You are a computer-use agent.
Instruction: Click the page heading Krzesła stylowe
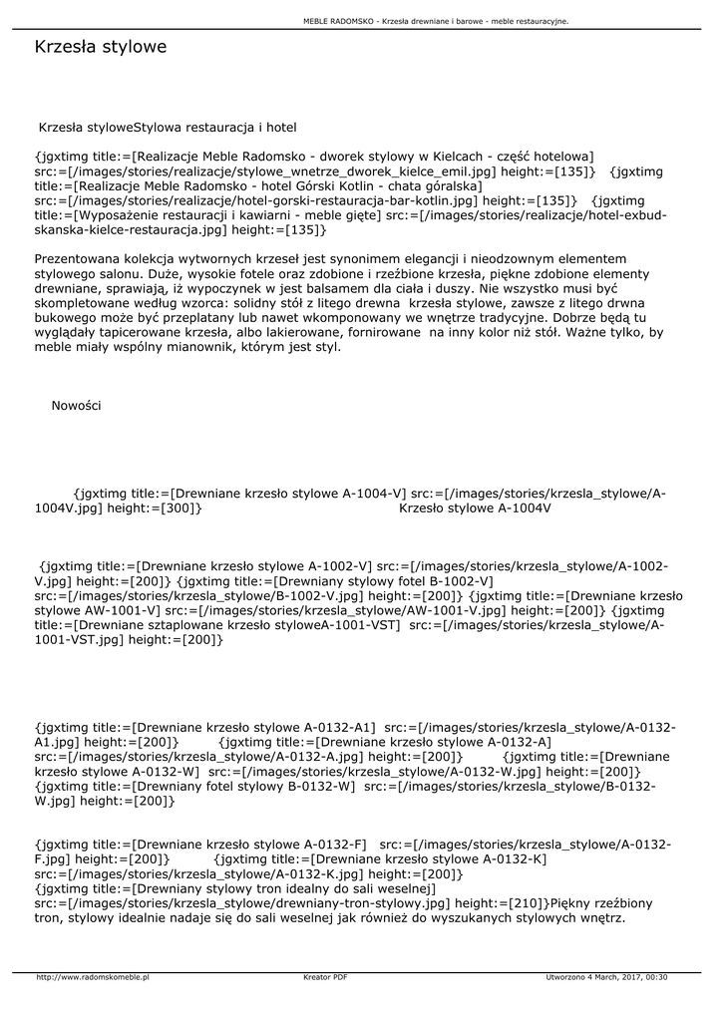tap(100, 47)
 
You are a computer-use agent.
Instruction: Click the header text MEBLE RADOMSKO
tap(338, 21)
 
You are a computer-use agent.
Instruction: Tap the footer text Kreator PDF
tap(325, 977)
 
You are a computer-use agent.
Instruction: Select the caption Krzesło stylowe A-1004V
tap(475, 508)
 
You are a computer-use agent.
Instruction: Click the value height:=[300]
tap(155, 508)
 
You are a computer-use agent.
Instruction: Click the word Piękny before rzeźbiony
tap(575, 901)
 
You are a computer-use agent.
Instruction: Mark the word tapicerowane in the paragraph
tap(166, 333)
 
